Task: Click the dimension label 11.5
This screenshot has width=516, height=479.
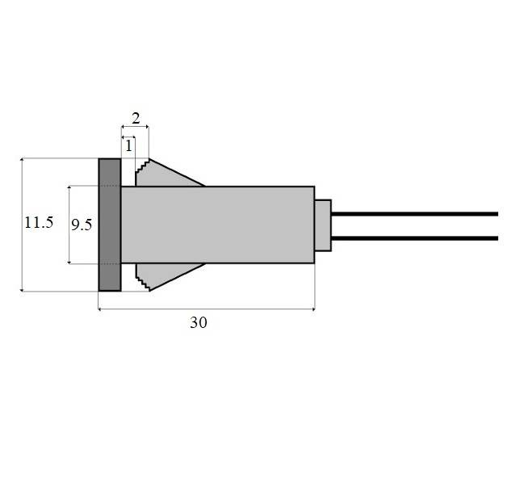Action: click(39, 223)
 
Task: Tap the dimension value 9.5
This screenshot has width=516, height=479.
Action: click(82, 225)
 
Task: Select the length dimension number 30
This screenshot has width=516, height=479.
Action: click(199, 322)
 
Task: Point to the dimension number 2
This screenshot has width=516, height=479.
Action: click(136, 118)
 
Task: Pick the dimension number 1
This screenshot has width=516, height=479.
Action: click(128, 146)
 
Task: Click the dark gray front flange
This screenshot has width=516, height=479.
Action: click(110, 225)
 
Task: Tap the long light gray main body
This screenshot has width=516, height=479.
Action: click(218, 225)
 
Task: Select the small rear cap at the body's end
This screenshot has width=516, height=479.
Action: click(323, 225)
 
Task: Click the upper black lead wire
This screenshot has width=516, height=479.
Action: click(414, 214)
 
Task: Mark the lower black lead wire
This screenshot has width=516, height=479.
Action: click(414, 238)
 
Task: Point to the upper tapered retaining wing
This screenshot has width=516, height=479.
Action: click(165, 175)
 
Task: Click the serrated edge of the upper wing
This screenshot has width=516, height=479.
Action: click(142, 166)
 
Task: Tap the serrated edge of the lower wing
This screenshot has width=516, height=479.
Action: click(142, 284)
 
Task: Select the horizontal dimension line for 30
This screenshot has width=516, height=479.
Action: click(207, 309)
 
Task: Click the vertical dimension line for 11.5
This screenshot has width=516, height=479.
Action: click(22, 225)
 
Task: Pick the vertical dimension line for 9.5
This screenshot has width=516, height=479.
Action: click(69, 225)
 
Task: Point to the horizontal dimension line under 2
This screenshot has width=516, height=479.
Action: click(135, 127)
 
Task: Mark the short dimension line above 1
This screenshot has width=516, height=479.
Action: click(128, 137)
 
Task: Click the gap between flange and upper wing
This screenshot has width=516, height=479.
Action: click(128, 173)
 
